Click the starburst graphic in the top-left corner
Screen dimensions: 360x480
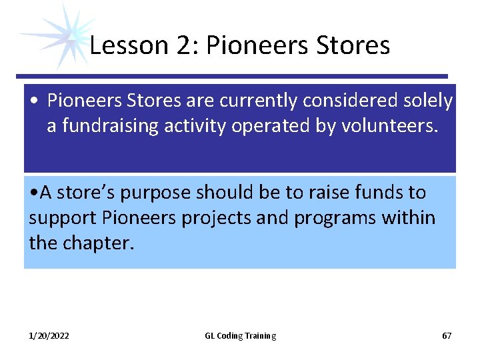(55, 35)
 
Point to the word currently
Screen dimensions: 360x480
(256, 101)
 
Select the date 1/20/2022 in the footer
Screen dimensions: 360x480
(49, 336)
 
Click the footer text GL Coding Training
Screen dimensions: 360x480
(240, 336)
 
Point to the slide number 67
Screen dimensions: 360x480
(447, 336)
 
